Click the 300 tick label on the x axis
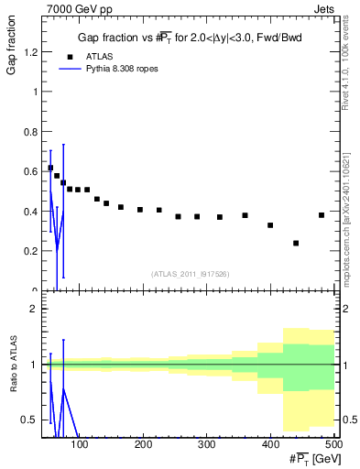(207, 444)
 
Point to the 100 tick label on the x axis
(80, 444)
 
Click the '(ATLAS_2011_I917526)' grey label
(190, 273)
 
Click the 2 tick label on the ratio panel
(33, 309)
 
